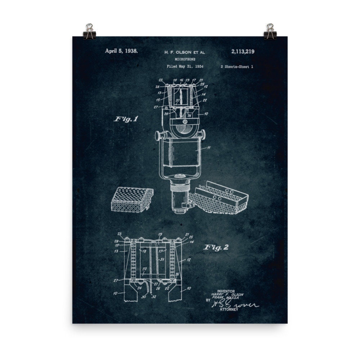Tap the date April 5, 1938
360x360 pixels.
(121, 51)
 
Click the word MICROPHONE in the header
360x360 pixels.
(184, 59)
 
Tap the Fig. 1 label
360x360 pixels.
(126, 119)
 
